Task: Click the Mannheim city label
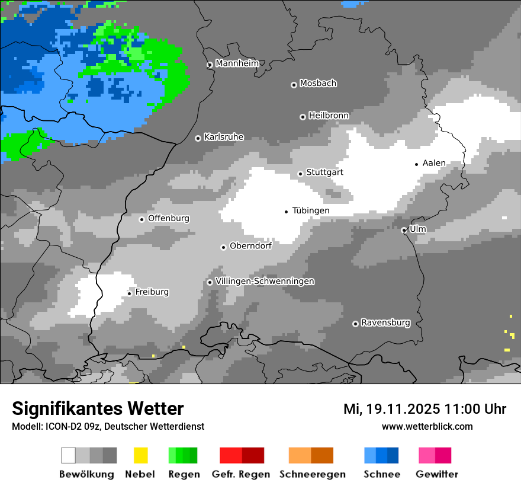pyautogui.click(x=237, y=63)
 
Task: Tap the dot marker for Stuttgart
pyautogui.click(x=300, y=174)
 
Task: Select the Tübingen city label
pyautogui.click(x=311, y=210)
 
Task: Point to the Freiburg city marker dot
pyautogui.click(x=129, y=293)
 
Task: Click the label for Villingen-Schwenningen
pyautogui.click(x=265, y=281)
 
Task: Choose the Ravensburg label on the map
pyautogui.click(x=385, y=322)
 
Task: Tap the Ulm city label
pyautogui.click(x=417, y=229)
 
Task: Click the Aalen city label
pyautogui.click(x=434, y=163)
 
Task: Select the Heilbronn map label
pyautogui.click(x=329, y=116)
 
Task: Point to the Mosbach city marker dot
pyautogui.click(x=294, y=85)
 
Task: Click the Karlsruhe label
pyautogui.click(x=224, y=137)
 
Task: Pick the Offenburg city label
pyautogui.click(x=169, y=218)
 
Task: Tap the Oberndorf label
pyautogui.click(x=250, y=245)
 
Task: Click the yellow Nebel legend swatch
pyautogui.click(x=140, y=455)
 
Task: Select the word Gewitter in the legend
pyautogui.click(x=437, y=474)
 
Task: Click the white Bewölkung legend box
pyautogui.click(x=69, y=455)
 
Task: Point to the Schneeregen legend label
pyautogui.click(x=313, y=474)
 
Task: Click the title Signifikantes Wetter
pyautogui.click(x=98, y=408)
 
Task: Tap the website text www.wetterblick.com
pyautogui.click(x=427, y=426)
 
